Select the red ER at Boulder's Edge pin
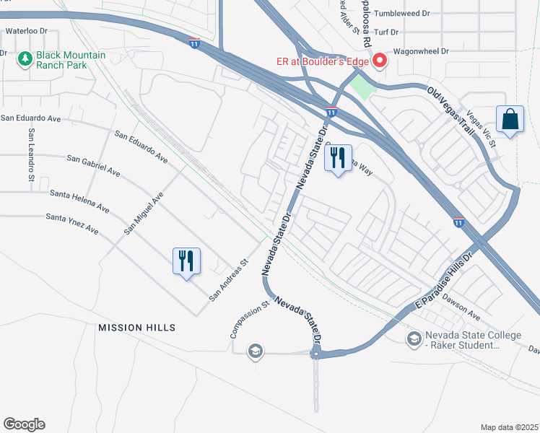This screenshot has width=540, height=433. click(378, 62)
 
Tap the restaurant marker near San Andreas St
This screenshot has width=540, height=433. click(186, 261)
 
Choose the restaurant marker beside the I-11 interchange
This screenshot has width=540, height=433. click(338, 158)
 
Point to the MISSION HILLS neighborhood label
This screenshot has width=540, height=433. click(136, 328)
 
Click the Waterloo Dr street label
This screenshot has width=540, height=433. click(26, 31)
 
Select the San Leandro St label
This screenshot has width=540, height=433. click(31, 154)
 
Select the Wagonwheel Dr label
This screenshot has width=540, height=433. click(420, 52)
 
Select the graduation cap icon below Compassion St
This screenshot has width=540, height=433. click(254, 351)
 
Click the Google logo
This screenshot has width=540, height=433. click(24, 424)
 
